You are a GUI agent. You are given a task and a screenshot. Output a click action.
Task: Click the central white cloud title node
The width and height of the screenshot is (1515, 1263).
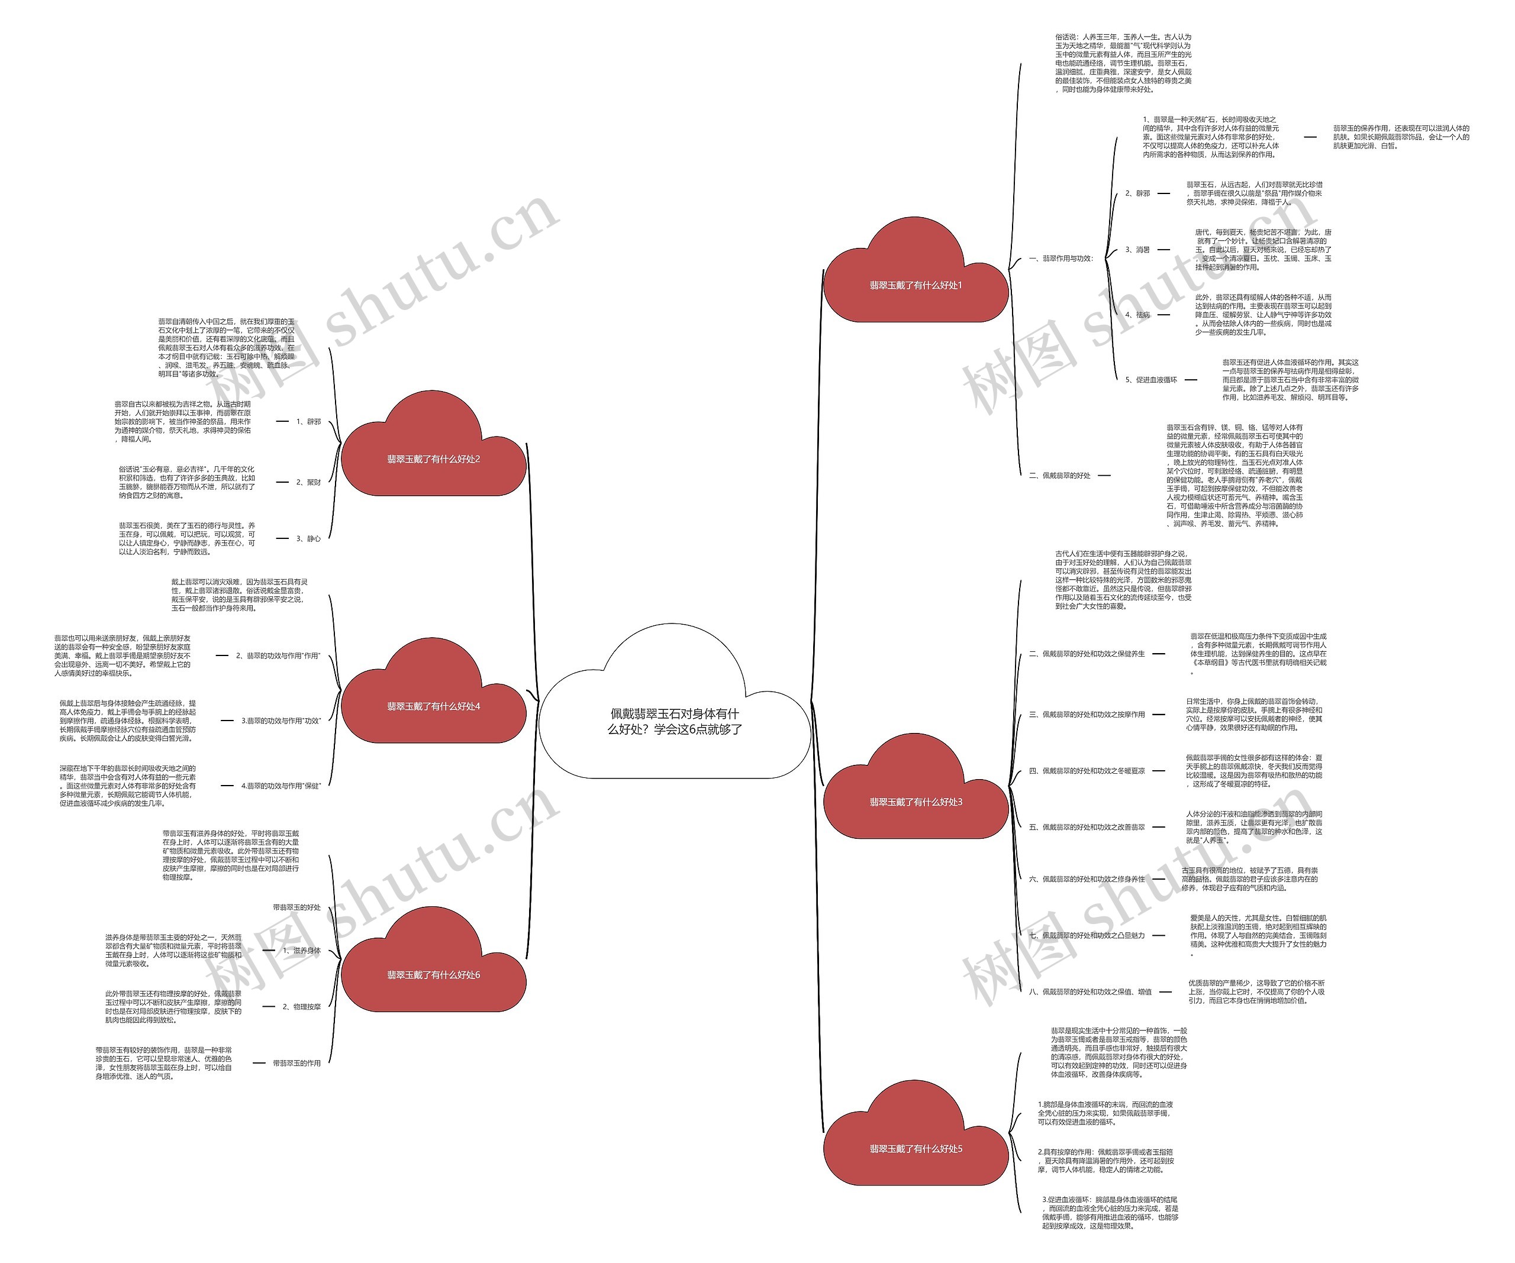pyautogui.click(x=675, y=721)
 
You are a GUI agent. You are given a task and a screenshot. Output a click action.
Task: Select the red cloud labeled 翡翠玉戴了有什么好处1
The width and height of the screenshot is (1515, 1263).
pyautogui.click(x=916, y=286)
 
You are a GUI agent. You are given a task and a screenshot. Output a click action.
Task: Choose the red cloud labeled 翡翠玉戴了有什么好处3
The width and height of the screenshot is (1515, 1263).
pyautogui.click(x=916, y=802)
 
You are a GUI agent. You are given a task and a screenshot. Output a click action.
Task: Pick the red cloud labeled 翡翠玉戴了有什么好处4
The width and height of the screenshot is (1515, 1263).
pyautogui.click(x=434, y=707)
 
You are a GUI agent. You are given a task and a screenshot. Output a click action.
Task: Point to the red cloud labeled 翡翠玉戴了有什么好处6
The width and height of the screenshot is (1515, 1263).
pyautogui.click(x=434, y=975)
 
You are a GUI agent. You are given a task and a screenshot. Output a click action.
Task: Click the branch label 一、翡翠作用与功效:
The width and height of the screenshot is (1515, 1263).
pyautogui.click(x=1060, y=259)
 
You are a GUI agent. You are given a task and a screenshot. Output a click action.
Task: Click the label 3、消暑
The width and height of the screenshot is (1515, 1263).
pyautogui.click(x=1137, y=250)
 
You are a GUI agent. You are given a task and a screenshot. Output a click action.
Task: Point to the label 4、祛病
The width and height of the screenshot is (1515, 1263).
pyautogui.click(x=1137, y=315)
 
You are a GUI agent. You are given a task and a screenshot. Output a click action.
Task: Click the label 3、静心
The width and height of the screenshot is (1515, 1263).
pyautogui.click(x=308, y=539)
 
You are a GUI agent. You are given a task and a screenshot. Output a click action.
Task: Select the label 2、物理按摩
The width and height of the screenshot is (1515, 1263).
pyautogui.click(x=302, y=1007)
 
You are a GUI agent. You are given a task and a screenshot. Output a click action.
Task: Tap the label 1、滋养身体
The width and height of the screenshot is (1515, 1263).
pyautogui.click(x=302, y=951)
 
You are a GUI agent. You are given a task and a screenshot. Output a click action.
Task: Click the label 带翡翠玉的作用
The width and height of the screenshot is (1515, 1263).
pyautogui.click(x=296, y=1063)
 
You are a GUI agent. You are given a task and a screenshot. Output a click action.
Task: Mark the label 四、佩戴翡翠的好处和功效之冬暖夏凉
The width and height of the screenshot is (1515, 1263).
pyautogui.click(x=1087, y=771)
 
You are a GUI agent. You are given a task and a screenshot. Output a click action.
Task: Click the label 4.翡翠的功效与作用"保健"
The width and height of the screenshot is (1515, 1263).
pyautogui.click(x=281, y=786)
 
